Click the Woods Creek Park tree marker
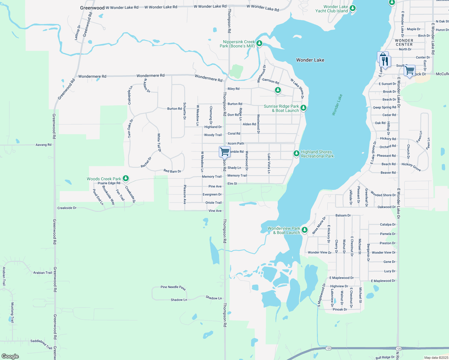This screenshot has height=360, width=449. (126, 178)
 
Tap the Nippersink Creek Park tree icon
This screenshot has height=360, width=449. (259, 43)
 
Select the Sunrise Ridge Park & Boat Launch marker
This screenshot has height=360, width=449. (303, 108)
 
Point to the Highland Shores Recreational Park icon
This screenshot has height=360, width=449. (297, 154)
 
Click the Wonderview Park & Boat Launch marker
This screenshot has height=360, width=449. (305, 230)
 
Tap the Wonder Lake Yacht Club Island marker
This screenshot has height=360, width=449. (353, 8)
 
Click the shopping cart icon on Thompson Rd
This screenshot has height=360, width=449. (224, 151)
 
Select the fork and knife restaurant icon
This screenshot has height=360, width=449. (385, 61)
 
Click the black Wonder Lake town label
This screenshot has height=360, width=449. (310, 60)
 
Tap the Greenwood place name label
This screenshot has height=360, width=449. (92, 8)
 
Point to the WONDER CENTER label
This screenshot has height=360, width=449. (404, 42)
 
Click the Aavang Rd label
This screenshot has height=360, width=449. (44, 145)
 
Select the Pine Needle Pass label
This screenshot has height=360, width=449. (173, 287)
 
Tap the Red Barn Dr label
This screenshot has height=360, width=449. (172, 171)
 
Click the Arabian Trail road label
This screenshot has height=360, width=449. (43, 273)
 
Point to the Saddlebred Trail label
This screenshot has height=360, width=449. (41, 343)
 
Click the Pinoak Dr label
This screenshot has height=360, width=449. (340, 309)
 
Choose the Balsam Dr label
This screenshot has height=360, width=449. (343, 215)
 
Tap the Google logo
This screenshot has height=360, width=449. (10, 356)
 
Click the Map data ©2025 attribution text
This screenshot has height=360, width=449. (436, 358)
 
